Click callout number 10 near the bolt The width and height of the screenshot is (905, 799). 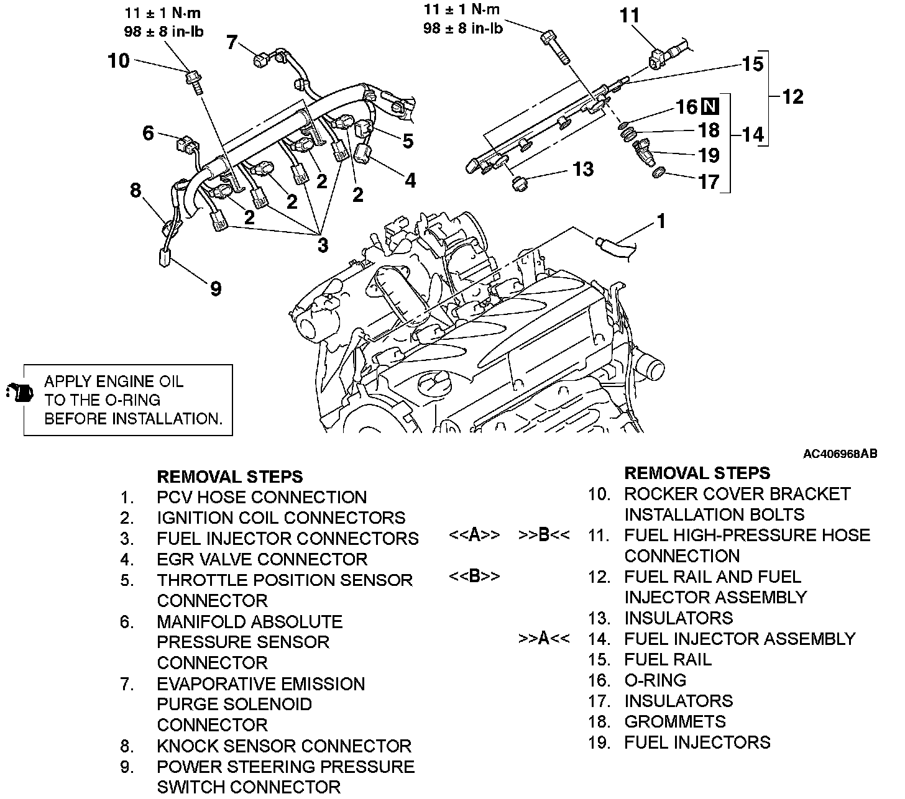click(x=118, y=61)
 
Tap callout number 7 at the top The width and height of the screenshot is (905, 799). click(x=232, y=42)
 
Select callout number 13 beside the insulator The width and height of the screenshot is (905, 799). click(x=582, y=169)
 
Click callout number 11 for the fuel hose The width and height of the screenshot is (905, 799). click(x=630, y=16)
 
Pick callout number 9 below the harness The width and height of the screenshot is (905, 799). click(x=215, y=288)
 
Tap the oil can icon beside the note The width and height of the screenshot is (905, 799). click(x=19, y=393)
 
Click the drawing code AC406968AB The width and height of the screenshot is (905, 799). click(x=840, y=454)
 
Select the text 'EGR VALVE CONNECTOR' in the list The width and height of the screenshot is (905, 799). click(x=262, y=559)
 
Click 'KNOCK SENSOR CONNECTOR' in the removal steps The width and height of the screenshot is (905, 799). click(x=284, y=746)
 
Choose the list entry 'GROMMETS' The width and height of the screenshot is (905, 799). click(x=674, y=721)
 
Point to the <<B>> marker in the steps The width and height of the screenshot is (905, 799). click(x=474, y=577)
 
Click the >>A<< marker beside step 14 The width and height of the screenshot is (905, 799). click(x=544, y=639)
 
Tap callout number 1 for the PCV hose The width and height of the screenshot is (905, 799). click(x=661, y=222)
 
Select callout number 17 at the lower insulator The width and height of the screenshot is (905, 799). click(x=709, y=181)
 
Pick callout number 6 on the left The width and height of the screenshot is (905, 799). click(x=148, y=133)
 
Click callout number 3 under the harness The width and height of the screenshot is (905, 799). click(x=322, y=245)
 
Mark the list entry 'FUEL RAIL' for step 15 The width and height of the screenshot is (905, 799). click(x=668, y=659)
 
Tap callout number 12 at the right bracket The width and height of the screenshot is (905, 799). click(x=793, y=96)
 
